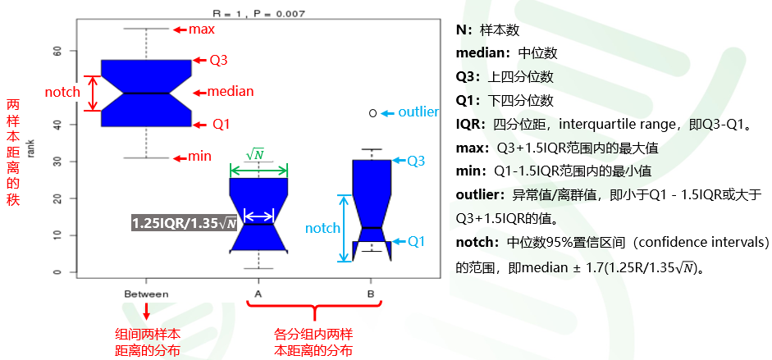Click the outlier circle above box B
[x=372, y=113]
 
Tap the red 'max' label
[x=202, y=30]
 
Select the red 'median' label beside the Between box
[x=231, y=92]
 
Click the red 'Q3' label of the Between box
[x=218, y=61]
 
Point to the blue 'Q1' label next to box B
[x=416, y=241]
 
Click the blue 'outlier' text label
[x=418, y=112]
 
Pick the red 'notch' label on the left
[x=62, y=92]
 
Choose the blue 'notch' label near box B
[x=322, y=228]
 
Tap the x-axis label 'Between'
[x=146, y=294]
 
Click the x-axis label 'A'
[x=258, y=294]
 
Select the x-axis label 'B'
[x=370, y=294]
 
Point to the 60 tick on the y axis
[x=58, y=51]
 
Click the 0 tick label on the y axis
[x=58, y=272]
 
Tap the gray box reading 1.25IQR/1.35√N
[x=184, y=223]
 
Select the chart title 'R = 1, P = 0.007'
[x=259, y=13]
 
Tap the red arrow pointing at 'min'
[x=179, y=158]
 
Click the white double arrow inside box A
[x=258, y=216]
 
